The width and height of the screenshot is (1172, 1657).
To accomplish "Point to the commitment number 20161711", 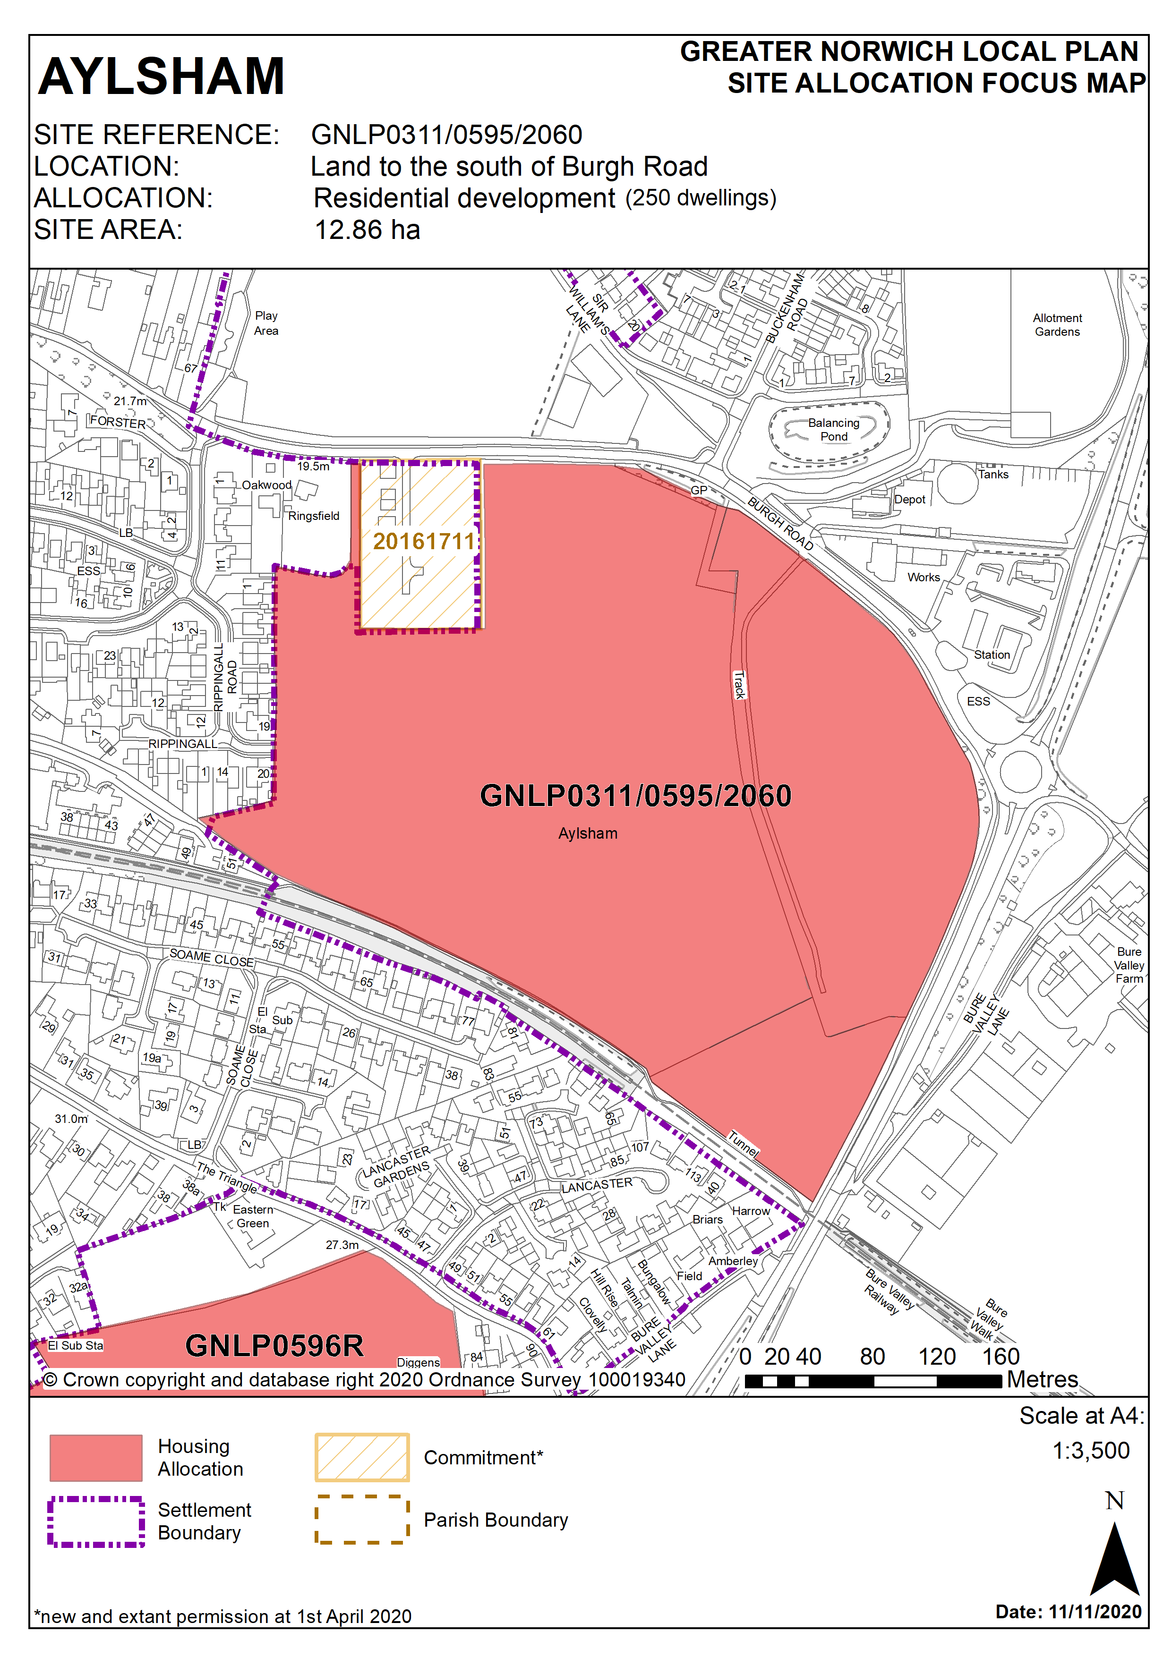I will coord(424,541).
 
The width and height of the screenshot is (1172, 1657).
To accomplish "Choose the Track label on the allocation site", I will coord(739,684).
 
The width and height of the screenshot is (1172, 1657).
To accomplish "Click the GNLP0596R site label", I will coord(274,1346).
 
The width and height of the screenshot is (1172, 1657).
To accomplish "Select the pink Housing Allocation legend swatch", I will coord(95,1458).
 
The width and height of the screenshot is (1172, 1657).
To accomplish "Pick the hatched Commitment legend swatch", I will coord(362,1457).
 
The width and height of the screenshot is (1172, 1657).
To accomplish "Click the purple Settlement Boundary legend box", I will coord(95,1521).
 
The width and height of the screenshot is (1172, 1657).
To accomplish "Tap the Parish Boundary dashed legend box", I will coord(362,1519).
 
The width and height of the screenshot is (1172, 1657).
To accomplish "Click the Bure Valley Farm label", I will coord(1129,965).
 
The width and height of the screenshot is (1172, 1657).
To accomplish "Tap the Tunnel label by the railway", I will coord(743,1143).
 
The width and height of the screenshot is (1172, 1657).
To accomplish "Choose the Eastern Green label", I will coord(253,1216).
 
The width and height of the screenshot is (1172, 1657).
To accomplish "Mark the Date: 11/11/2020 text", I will coord(1068,1612).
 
